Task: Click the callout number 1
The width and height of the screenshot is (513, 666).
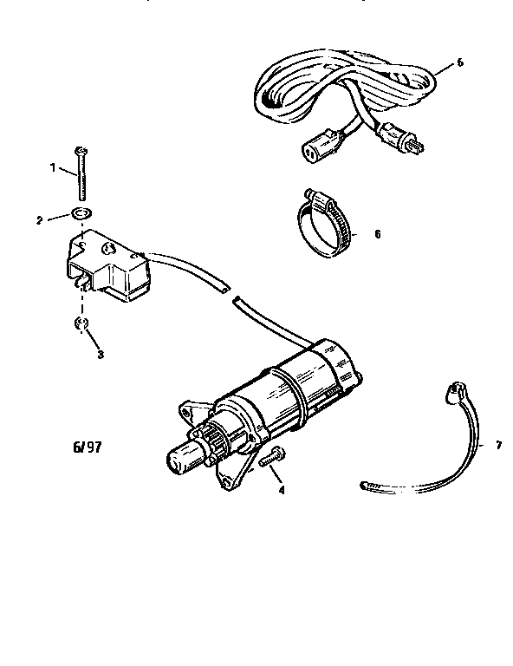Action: click(52, 167)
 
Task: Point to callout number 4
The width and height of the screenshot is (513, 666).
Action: click(281, 491)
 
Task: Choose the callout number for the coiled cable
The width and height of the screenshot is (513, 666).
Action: click(458, 63)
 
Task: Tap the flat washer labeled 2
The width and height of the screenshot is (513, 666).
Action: click(81, 215)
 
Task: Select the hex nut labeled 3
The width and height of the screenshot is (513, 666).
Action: click(78, 324)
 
